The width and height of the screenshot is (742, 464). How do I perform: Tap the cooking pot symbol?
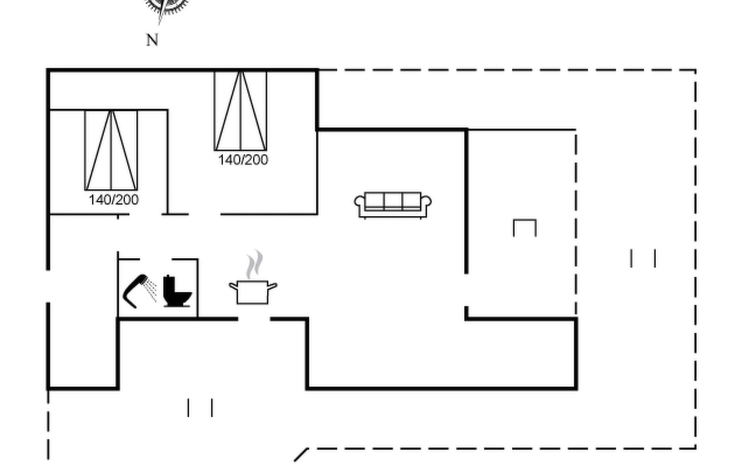pyautogui.click(x=253, y=292)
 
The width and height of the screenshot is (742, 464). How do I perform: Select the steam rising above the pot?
pyautogui.click(x=255, y=265)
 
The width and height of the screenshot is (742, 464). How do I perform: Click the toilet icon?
pyautogui.click(x=177, y=291)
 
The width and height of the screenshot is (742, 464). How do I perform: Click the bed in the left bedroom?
pyautogui.click(x=111, y=150)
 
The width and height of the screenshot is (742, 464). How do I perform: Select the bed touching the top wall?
pyautogui.click(x=240, y=111)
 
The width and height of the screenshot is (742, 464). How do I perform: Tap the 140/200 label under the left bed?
pyautogui.click(x=114, y=200)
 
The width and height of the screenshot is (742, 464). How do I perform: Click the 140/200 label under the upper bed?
pyautogui.click(x=243, y=160)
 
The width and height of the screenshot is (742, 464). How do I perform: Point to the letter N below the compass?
pyautogui.click(x=152, y=40)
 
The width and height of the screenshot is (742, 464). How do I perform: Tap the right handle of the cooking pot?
pyautogui.click(x=272, y=287)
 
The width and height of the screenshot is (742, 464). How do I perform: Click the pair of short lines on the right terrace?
pyautogui.click(x=643, y=258)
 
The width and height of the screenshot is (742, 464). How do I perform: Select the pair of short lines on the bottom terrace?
pyautogui.click(x=200, y=408)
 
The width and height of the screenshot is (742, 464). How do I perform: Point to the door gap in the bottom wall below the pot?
pyautogui.click(x=254, y=319)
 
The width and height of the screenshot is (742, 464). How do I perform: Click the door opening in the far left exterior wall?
pyautogui.click(x=48, y=286)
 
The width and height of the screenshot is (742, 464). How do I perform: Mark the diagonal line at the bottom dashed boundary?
pyautogui.click(x=301, y=455)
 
